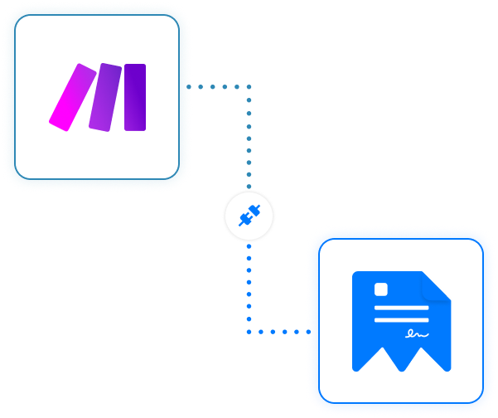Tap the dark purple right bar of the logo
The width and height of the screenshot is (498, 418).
135,97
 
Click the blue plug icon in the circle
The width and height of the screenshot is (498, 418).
249,217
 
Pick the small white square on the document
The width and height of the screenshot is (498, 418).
381,290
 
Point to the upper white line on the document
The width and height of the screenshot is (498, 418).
402,308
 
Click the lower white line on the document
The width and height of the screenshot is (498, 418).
402,319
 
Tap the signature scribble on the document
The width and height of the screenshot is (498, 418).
416,334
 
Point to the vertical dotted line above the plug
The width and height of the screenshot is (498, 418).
249,141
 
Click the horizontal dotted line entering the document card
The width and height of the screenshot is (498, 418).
278,332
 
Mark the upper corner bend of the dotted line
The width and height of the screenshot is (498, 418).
249,85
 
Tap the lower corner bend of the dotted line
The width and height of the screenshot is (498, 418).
249,332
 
